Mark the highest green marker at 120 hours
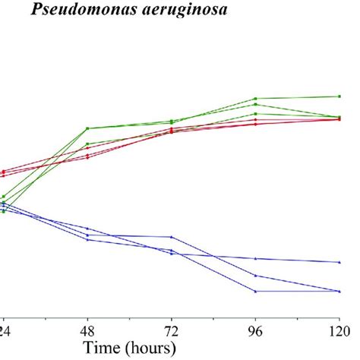coord(339,96)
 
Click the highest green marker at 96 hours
coord(255,99)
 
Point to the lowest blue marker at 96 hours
coord(255,291)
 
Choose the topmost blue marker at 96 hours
coord(255,258)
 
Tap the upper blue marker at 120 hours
coord(339,262)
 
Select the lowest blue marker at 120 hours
coord(339,291)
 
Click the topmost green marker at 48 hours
coord(87,128)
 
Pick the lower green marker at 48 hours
coord(87,144)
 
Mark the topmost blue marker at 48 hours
coord(87,228)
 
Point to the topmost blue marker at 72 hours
coord(172,236)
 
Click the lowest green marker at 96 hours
coord(255,114)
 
